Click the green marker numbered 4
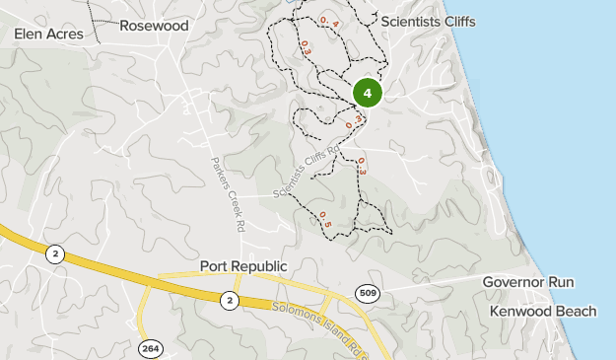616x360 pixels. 367,93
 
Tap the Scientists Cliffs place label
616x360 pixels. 428,21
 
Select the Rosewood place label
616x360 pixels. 154,26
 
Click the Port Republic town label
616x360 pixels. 242,266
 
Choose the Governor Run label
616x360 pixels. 527,282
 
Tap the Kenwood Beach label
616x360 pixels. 542,312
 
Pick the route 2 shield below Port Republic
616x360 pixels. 229,300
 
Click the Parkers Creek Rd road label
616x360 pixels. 228,193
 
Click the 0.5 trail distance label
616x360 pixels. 323,219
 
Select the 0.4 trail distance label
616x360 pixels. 327,21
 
